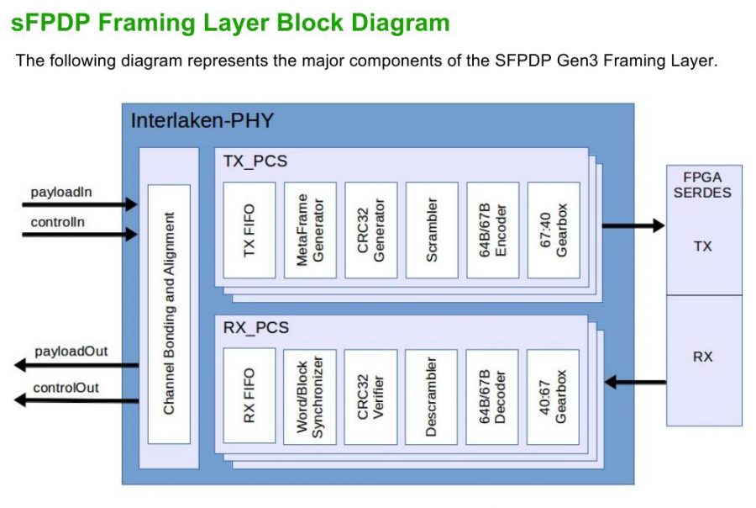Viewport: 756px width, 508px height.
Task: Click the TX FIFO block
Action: [x=249, y=230]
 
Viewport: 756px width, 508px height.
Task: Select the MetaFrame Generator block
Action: [x=310, y=230]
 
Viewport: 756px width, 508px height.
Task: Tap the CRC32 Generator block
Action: [x=370, y=230]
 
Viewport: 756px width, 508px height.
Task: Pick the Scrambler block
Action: [x=431, y=230]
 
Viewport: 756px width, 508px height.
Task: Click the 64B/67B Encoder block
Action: [x=492, y=230]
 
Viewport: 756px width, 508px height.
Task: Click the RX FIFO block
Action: [x=249, y=396]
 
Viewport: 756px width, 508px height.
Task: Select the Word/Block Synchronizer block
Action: [x=310, y=396]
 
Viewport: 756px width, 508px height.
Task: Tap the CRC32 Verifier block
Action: [x=370, y=396]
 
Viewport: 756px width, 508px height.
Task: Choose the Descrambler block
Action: [x=431, y=396]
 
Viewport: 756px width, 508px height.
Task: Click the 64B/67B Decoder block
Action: [x=492, y=396]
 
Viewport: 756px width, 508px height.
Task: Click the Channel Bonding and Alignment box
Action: [x=169, y=314]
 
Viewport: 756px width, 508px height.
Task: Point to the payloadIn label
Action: [x=61, y=192]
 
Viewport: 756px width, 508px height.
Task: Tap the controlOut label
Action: [x=66, y=388]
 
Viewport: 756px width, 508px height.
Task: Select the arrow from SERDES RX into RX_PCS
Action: [x=635, y=383]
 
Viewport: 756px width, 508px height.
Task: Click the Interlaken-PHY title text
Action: [x=202, y=120]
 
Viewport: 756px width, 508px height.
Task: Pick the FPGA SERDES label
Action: [x=704, y=185]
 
